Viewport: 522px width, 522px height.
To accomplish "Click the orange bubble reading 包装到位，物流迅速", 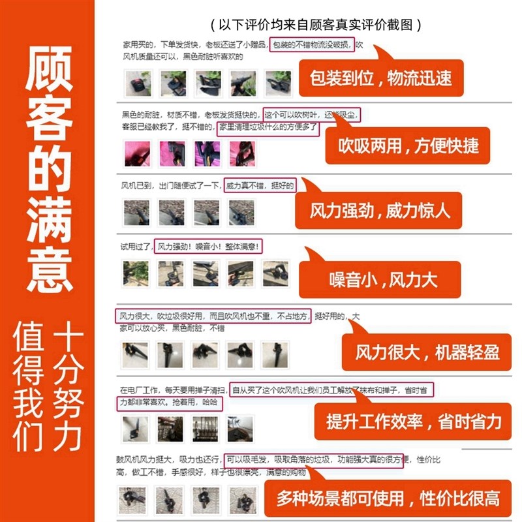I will [380, 79].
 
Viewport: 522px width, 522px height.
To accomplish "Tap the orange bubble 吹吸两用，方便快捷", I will [408, 145].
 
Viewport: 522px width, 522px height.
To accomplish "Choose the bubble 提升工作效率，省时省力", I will [414, 421].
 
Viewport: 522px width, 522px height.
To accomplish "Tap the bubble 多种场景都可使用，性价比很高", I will [388, 500].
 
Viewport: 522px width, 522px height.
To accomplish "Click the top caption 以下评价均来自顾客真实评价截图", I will [316, 25].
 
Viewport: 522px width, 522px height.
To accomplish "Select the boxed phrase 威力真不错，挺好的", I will [260, 186].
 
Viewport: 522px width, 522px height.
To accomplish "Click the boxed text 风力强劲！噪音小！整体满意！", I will [209, 247].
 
